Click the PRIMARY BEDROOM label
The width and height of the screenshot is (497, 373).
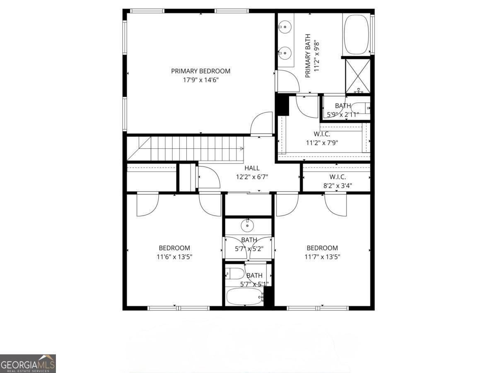pyautogui.click(x=200, y=71)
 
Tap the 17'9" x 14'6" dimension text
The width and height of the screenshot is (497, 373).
pyautogui.click(x=200, y=80)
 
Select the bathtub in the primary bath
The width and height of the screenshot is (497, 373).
pyautogui.click(x=356, y=35)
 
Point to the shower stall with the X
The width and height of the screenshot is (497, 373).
pyautogui.click(x=357, y=76)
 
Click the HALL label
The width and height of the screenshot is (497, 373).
pyautogui.click(x=252, y=168)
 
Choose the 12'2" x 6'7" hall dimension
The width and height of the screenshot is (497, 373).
pyautogui.click(x=252, y=177)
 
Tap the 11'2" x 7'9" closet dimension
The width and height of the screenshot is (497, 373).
pyautogui.click(x=322, y=143)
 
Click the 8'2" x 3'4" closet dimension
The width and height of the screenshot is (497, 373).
pyautogui.click(x=338, y=186)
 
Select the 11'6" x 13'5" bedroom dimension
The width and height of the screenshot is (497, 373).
pyautogui.click(x=174, y=257)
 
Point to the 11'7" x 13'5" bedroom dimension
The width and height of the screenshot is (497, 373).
pyautogui.click(x=322, y=257)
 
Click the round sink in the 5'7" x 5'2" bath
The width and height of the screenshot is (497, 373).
pyautogui.click(x=247, y=225)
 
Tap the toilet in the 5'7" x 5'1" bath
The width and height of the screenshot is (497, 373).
pyautogui.click(x=234, y=274)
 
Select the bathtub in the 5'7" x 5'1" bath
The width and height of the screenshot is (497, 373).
pyautogui.click(x=244, y=296)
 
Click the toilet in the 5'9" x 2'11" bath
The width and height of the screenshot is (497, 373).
pyautogui.click(x=360, y=108)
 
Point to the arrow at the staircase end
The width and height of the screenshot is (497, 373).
pyautogui.click(x=242, y=148)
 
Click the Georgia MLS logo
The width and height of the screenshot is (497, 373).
pyautogui.click(x=28, y=363)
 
